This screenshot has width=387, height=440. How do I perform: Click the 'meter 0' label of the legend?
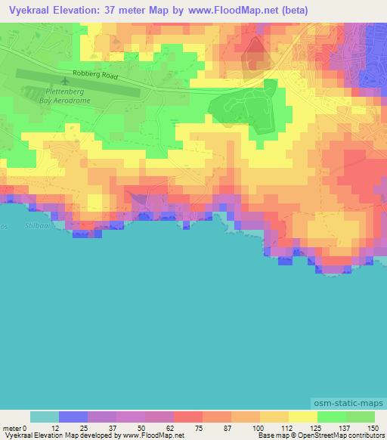coord(16,429)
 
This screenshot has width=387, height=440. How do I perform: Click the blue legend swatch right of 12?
coord(73,417)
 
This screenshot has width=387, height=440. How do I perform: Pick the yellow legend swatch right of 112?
coord(302,417)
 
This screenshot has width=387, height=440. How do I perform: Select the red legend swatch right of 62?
coord(187,417)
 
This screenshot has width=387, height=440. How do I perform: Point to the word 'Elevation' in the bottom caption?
coord(50,436)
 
